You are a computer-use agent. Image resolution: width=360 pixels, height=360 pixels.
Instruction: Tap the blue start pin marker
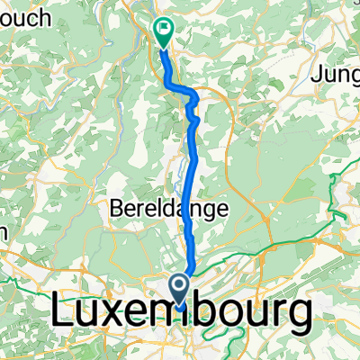coord(179,290)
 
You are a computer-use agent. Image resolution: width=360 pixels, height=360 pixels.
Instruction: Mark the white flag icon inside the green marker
coord(164,28)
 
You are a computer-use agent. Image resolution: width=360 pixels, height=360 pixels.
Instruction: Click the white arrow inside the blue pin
coord(179,287)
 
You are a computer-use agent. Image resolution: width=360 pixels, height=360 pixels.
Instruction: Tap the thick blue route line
coord(188,180)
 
